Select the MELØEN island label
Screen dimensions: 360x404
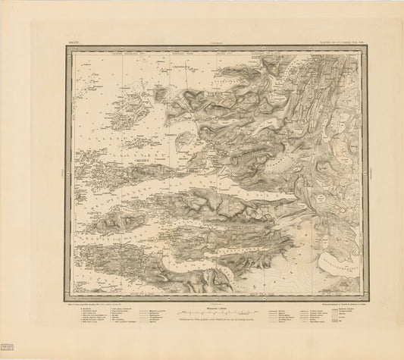pos(143,161)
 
